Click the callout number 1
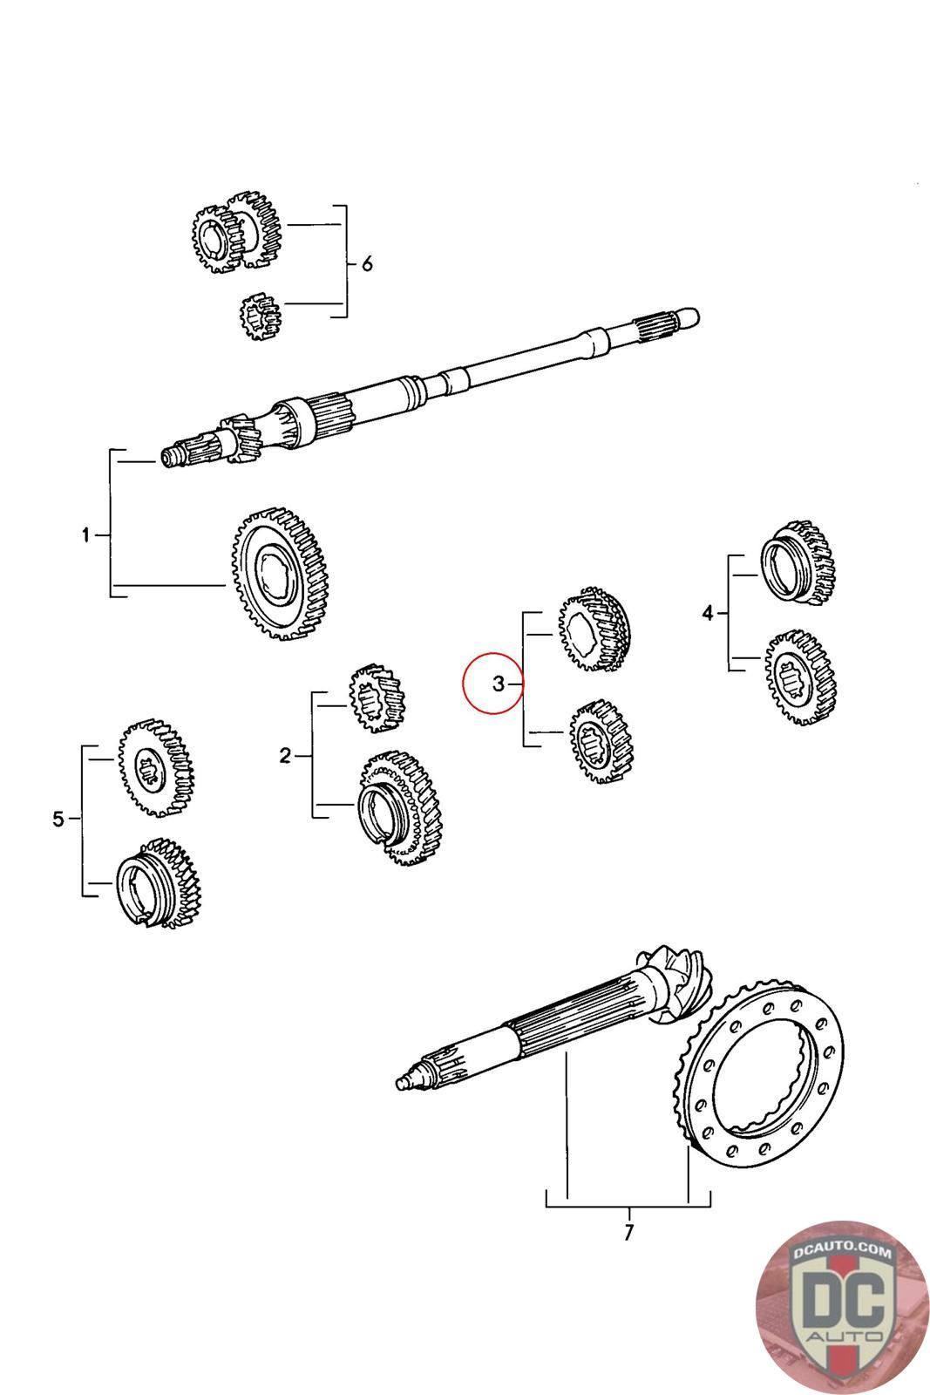[x=85, y=535]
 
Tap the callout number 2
[x=285, y=756]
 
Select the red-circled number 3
[x=498, y=684]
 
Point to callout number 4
[x=708, y=615]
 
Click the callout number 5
[x=58, y=820]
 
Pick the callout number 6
[x=367, y=263]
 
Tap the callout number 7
[x=628, y=1234]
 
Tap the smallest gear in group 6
[x=260, y=315]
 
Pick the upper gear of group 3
[x=594, y=631]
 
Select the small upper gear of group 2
[x=377, y=697]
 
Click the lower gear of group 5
[x=160, y=883]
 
